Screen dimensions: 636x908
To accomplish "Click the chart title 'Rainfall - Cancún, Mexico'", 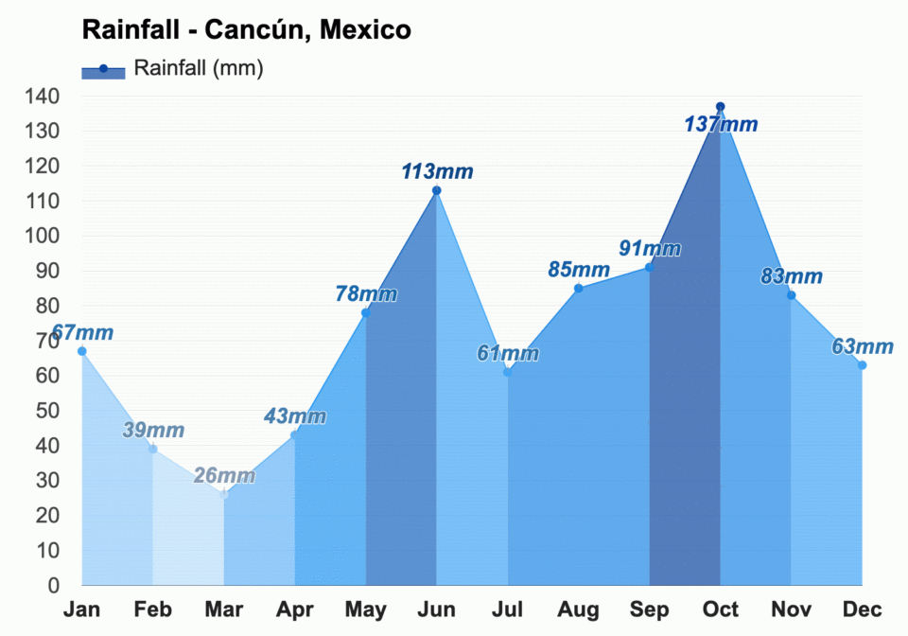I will click(x=246, y=29).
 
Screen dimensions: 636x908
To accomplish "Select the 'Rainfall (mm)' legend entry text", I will click(x=199, y=68).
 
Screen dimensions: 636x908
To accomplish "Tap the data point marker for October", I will click(x=720, y=107).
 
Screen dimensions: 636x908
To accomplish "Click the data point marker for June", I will click(x=436, y=190).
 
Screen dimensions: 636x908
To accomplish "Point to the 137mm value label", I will click(x=721, y=124).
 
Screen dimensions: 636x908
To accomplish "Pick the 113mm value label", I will click(x=436, y=171).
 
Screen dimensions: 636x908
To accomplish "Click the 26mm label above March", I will click(x=224, y=475).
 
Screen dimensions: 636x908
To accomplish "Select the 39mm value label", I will click(x=153, y=430).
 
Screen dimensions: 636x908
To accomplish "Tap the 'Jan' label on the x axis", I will click(x=81, y=610).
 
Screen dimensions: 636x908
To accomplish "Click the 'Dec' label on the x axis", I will click(x=862, y=610).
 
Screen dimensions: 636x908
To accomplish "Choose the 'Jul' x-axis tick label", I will click(x=507, y=610).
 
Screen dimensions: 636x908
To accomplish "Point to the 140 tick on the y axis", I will click(x=42, y=97).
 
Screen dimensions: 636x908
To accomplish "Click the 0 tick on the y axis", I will click(x=54, y=586).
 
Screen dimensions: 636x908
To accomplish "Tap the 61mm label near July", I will click(x=508, y=354).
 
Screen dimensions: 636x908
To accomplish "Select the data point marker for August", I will click(x=578, y=289).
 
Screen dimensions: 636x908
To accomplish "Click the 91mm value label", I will click(x=650, y=248).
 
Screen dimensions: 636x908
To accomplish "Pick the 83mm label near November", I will click(x=792, y=276).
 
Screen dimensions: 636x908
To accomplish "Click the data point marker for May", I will click(x=365, y=312).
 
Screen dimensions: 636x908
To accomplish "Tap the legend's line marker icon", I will click(x=103, y=69).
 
